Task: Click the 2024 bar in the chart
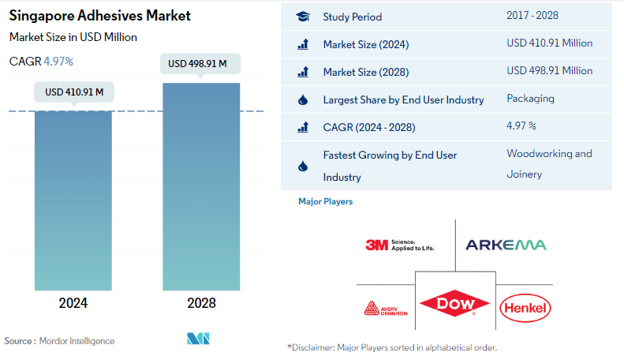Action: coord(73,201)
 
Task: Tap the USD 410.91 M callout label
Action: coord(74,92)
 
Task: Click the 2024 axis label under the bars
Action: coord(73,303)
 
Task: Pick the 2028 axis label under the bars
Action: coord(201,303)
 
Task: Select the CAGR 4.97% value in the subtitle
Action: coord(56,61)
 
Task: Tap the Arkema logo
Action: coord(506,245)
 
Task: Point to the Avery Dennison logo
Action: coord(386,308)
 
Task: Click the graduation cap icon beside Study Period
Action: coord(302,17)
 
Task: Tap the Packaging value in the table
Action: coord(530,99)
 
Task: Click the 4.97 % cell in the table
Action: coord(521,126)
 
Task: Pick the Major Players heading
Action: coord(325,201)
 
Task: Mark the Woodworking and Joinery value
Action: coord(548,163)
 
